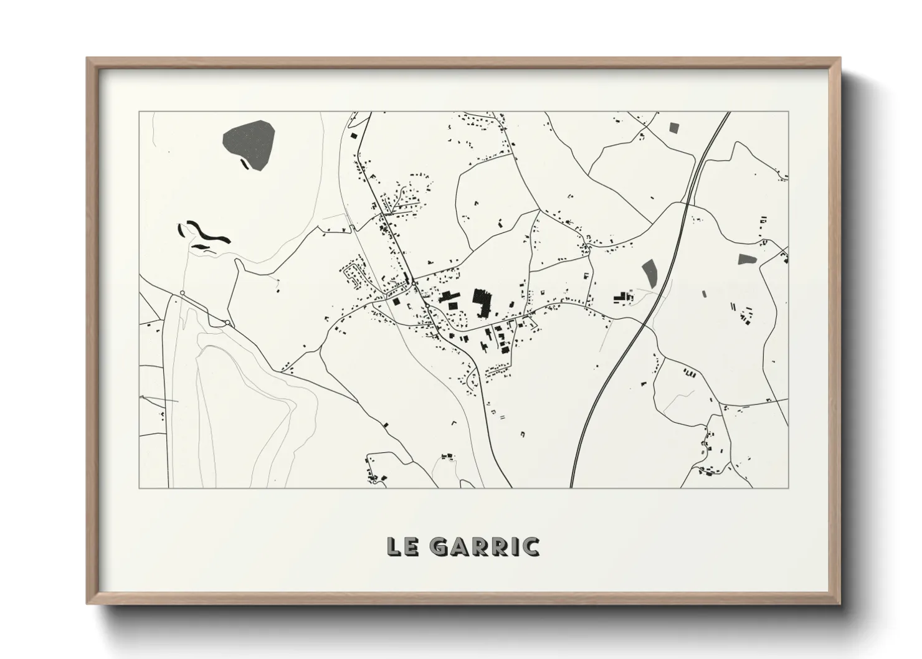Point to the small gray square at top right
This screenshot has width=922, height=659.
click(673, 127)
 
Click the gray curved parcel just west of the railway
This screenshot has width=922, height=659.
click(649, 272)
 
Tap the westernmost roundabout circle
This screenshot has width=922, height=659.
click(182, 293)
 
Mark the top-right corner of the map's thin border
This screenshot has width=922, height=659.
click(788, 111)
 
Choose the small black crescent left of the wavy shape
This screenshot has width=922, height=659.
click(182, 229)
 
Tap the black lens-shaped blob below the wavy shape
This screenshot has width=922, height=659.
click(199, 247)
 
